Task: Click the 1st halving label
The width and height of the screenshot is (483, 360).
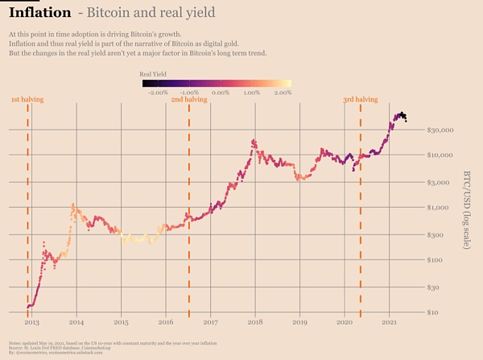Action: [x=27, y=99]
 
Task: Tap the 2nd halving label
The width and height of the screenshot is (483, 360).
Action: [x=189, y=99]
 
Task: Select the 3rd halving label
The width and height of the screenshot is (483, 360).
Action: [x=360, y=99]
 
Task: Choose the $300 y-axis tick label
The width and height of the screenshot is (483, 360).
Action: [x=441, y=235]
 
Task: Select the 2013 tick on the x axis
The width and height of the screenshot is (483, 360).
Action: [x=31, y=321]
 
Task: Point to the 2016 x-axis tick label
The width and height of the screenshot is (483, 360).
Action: [x=166, y=321]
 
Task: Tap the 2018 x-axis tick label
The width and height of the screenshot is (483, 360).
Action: [x=255, y=321]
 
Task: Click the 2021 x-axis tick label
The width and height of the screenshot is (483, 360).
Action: [x=390, y=321]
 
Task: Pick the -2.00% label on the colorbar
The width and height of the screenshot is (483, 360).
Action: [x=158, y=93]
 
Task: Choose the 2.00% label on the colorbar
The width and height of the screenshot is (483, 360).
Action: [x=282, y=93]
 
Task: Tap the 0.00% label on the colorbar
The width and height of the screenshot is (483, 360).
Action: [x=221, y=93]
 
